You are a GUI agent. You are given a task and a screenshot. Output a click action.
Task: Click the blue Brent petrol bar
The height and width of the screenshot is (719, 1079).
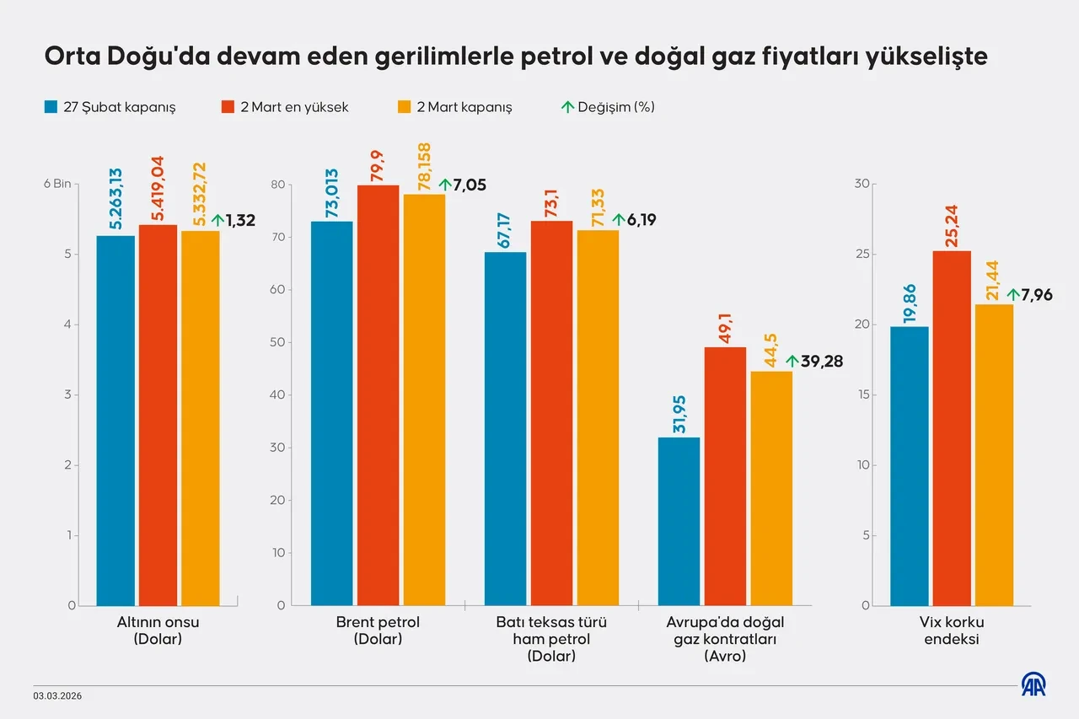click(331, 413)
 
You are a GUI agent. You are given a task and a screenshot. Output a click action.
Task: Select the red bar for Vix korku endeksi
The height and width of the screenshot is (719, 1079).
click(951, 428)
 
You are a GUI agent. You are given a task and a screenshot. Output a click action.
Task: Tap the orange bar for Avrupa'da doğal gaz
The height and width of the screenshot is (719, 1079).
click(771, 488)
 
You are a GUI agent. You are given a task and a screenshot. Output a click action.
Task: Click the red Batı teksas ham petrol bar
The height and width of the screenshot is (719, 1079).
click(551, 413)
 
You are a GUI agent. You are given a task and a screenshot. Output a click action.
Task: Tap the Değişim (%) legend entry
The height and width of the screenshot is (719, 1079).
click(608, 107)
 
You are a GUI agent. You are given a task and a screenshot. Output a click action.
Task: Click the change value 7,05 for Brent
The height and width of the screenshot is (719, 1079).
click(469, 185)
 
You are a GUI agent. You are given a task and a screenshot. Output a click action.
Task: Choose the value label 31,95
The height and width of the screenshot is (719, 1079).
click(679, 414)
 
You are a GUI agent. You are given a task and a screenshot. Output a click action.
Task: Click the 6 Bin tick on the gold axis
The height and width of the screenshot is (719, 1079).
click(57, 185)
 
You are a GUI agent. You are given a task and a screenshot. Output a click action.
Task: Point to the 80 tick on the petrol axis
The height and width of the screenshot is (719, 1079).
click(280, 185)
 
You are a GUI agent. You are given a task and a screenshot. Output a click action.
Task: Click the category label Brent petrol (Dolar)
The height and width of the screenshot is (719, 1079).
click(377, 630)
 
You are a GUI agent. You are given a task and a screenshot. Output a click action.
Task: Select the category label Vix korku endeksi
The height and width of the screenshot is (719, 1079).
click(953, 630)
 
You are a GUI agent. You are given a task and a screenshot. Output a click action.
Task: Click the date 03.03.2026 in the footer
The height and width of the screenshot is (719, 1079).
click(58, 696)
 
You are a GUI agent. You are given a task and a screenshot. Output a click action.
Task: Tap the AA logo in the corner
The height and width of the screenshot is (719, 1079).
click(1033, 684)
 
